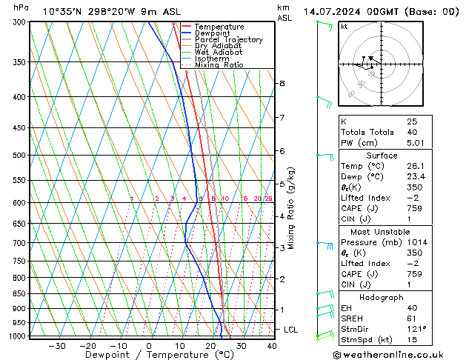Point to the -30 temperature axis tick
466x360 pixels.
pos(57,346)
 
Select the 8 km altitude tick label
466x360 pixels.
pos(282,84)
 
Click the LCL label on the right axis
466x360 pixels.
pos(291,329)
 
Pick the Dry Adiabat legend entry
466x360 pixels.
pos(216,46)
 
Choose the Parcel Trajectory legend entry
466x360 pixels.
pos(228,39)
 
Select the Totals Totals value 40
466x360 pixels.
pos(413,132)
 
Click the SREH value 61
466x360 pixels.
pos(412,318)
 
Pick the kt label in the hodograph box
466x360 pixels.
pos(344,27)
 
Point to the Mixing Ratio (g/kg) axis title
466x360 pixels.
pos(291,208)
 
